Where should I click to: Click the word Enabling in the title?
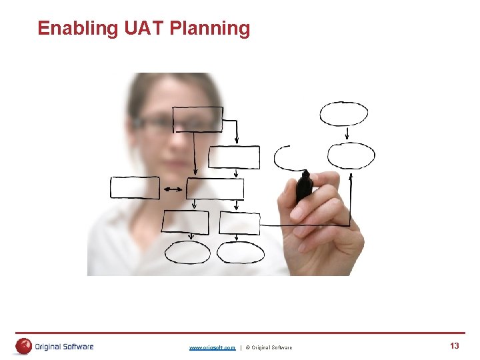click(78, 29)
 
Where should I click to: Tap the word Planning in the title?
click(210, 29)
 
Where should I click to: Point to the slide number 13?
click(455, 345)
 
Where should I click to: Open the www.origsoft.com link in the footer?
click(212, 347)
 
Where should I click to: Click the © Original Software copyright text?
click(269, 347)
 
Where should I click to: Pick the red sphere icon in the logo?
click(24, 346)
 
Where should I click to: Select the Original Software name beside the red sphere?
click(64, 347)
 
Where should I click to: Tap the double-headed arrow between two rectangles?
click(173, 190)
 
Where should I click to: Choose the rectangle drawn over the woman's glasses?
click(197, 119)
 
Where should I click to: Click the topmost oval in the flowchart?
click(343, 113)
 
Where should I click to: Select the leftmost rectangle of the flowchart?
click(135, 188)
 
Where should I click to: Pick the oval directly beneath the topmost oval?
click(351, 156)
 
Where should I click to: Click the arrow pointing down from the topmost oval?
click(347, 133)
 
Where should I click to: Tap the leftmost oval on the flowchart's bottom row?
click(187, 253)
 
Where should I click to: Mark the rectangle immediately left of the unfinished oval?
click(234, 157)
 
